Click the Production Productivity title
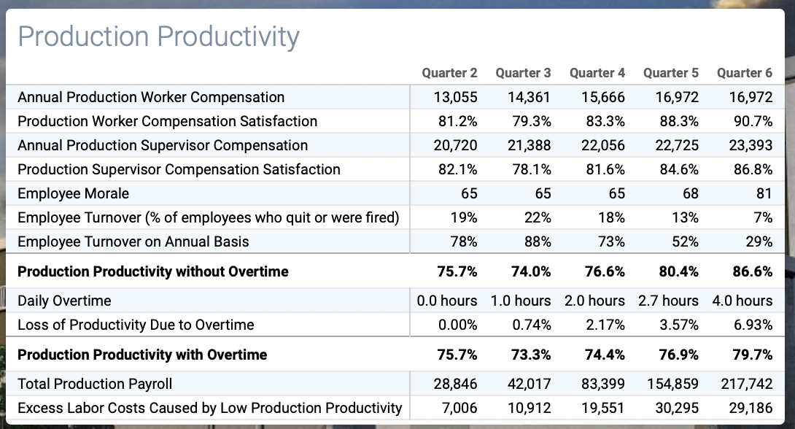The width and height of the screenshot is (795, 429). pos(158,36)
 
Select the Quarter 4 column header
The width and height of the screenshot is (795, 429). pos(597,73)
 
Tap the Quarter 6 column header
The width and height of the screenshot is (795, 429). pos(744,73)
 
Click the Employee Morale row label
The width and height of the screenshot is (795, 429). pos(73,193)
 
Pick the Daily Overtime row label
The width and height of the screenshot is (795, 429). pos(65,301)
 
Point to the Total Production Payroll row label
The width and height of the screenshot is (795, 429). pos(95,384)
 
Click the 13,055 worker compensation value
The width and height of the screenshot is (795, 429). pos(455,97)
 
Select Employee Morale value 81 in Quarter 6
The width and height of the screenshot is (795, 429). pos(764,193)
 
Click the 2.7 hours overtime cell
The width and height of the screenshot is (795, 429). pos(668,301)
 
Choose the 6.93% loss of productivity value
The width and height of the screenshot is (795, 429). pos(753,325)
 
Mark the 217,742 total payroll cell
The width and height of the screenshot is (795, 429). pos(748,384)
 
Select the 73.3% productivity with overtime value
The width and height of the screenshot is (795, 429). pos(531,355)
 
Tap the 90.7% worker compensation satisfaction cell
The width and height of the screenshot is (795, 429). pos(753,121)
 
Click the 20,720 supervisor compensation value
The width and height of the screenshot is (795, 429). pos(455,145)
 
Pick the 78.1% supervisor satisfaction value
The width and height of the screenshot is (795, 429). pos(531,169)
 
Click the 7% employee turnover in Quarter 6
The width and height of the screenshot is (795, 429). pos(764,217)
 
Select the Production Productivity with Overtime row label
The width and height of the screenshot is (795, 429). pos(142,355)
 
